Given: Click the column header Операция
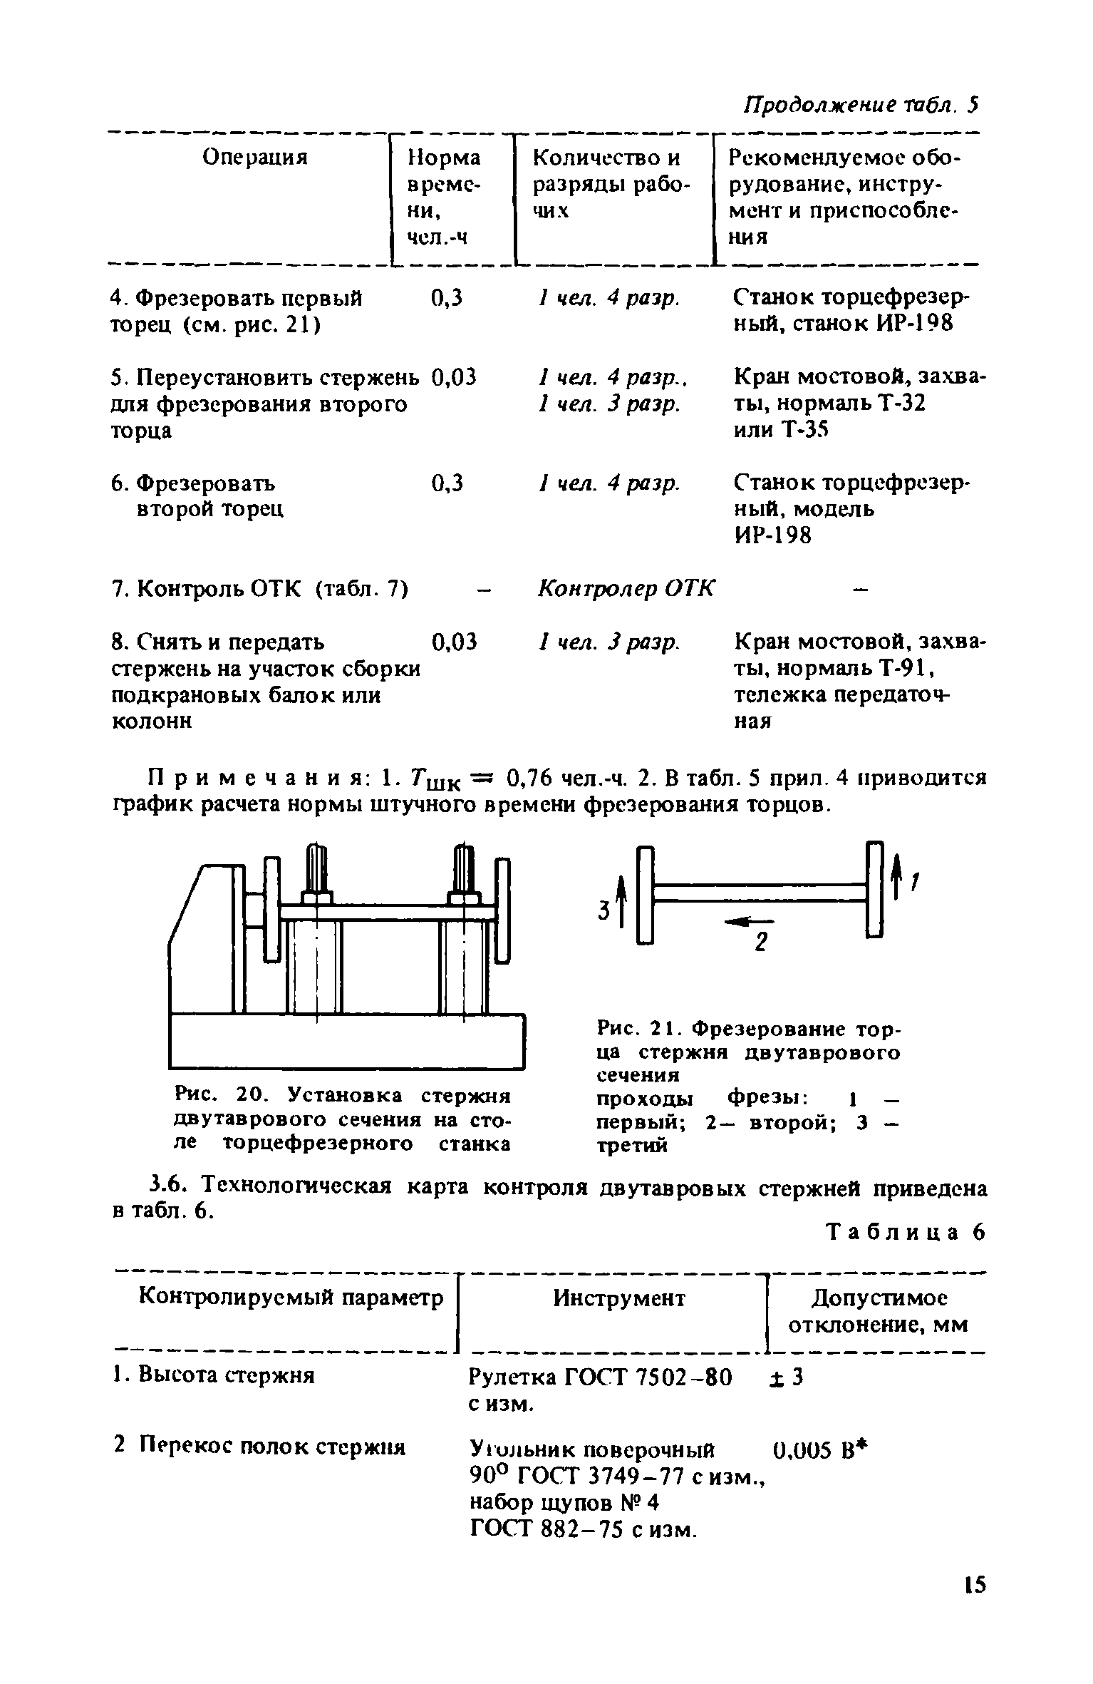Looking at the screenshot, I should [254, 157].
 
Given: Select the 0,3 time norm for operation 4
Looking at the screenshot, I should [447, 298].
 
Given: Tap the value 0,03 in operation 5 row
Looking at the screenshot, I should [453, 377].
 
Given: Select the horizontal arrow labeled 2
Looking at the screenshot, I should [742, 923].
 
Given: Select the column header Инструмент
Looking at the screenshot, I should [618, 1298].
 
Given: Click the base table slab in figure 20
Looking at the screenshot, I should [346, 1042].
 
